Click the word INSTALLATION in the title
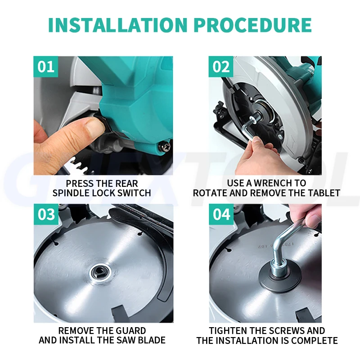(118, 25)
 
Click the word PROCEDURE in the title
(253, 25)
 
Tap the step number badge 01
(46, 67)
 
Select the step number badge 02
(221, 67)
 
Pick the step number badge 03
(46, 214)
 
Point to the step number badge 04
(221, 214)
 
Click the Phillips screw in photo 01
(165, 146)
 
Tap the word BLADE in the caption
(152, 340)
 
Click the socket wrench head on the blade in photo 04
(279, 268)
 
